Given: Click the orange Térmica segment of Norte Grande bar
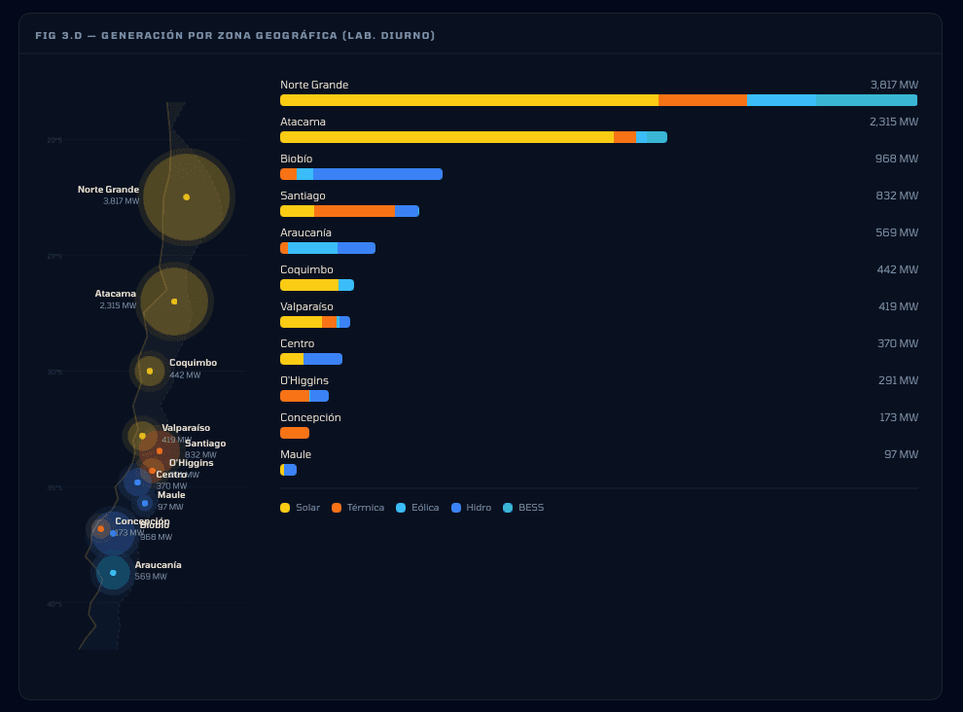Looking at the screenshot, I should (702, 100).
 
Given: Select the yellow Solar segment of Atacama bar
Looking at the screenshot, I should (446, 137).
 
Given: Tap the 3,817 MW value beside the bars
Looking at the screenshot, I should (894, 85).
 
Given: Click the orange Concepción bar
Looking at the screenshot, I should (294, 433).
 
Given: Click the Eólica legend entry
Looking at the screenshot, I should (417, 508).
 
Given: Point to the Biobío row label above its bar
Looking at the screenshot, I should (297, 159).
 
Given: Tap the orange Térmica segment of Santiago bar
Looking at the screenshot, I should (354, 211).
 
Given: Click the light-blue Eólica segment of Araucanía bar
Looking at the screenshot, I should (312, 248).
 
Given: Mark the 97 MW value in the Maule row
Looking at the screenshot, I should (901, 454).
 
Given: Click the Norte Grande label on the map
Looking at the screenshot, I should (108, 190).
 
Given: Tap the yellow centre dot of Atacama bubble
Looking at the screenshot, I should (174, 302).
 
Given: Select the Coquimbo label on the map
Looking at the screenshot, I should (193, 363).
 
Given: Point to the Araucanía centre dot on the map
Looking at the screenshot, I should (113, 573).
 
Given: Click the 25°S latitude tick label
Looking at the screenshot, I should (54, 257).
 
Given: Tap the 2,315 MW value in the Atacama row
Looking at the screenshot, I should (893, 122).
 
